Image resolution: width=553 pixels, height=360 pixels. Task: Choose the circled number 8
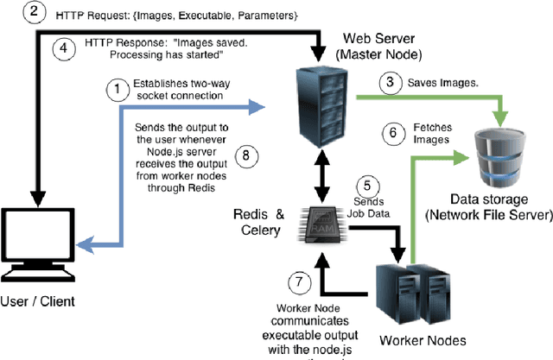tap(246, 155)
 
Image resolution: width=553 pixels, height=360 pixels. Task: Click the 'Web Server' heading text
tap(378, 40)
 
